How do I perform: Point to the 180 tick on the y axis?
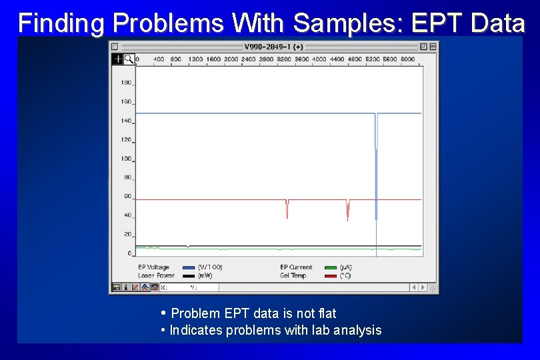(125, 83)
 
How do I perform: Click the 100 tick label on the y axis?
(125, 159)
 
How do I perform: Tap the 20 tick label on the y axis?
(127, 235)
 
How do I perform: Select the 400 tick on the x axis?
(159, 59)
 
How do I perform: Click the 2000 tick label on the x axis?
(231, 59)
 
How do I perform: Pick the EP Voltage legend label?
(154, 267)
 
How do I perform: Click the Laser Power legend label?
(157, 275)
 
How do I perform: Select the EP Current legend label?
(296, 267)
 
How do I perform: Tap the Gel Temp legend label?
(293, 275)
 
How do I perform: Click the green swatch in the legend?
(331, 268)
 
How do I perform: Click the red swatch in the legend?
(331, 276)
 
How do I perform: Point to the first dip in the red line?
(287, 209)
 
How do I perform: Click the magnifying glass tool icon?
(129, 59)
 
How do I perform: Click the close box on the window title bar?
(115, 47)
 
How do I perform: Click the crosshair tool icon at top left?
(117, 59)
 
